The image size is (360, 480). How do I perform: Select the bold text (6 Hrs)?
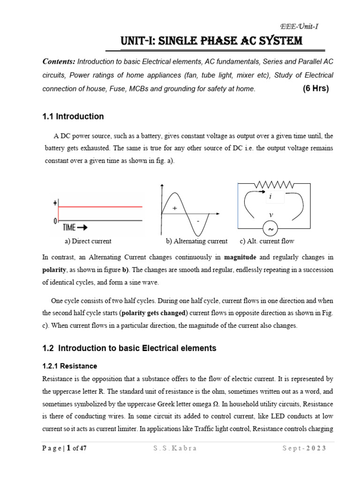[x=316, y=89]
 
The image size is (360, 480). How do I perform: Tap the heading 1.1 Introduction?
[x=73, y=116]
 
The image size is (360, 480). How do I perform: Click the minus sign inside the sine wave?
[x=198, y=220]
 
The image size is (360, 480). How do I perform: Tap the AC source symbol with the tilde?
[x=271, y=229]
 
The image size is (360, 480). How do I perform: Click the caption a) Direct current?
[x=88, y=241]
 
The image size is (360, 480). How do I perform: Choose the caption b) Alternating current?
[x=196, y=241]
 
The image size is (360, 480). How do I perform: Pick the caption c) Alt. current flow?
[x=267, y=241]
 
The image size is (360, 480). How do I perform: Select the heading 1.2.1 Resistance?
[x=69, y=366]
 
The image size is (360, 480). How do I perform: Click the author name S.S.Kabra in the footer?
[x=175, y=448]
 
